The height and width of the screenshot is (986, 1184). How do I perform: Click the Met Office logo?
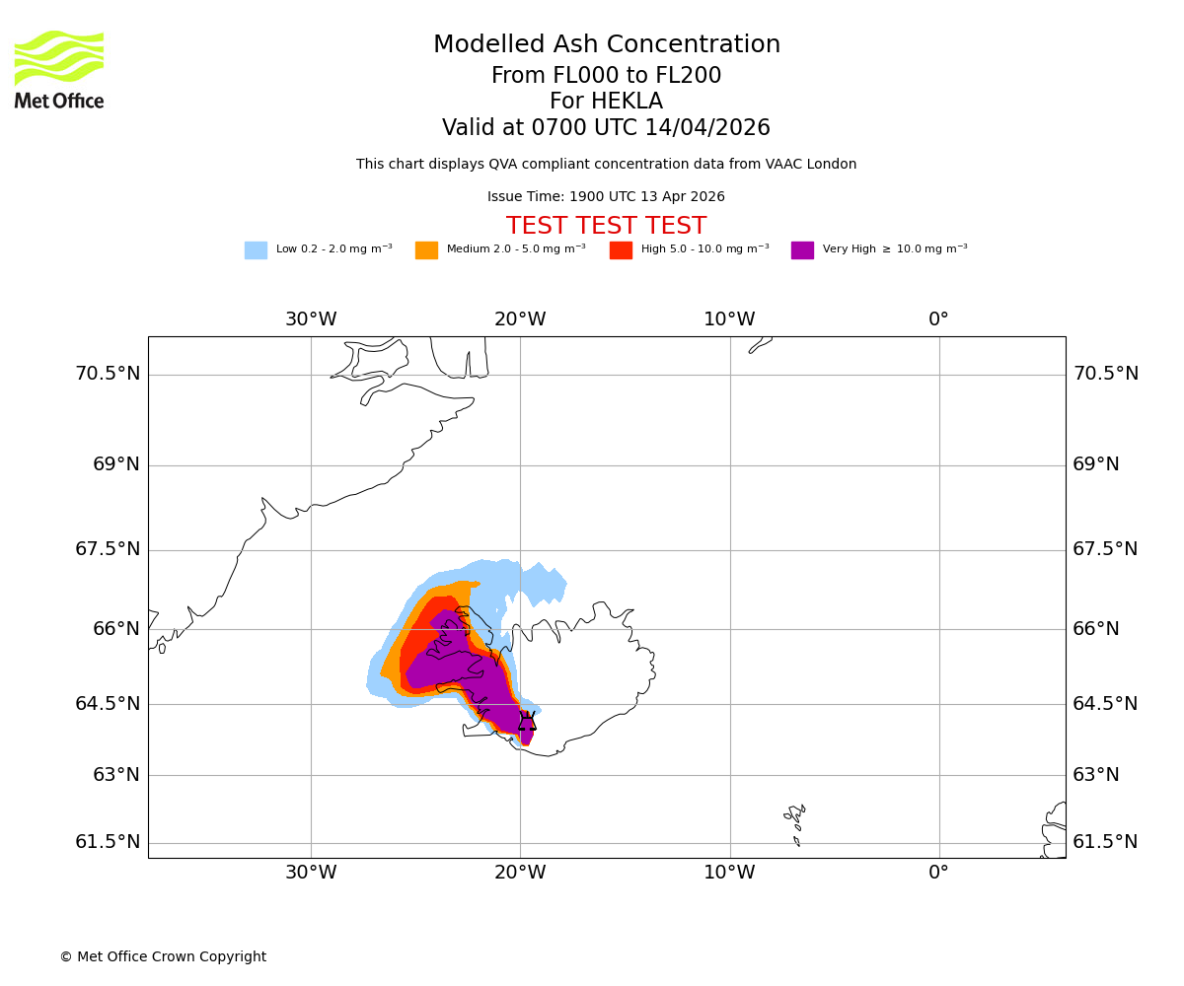[59, 69]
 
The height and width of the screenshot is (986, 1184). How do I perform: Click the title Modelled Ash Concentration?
[606, 45]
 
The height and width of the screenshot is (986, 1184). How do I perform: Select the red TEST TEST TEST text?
[606, 226]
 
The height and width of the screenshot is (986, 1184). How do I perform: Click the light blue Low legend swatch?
[256, 250]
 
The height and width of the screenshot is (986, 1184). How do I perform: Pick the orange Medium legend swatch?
[426, 250]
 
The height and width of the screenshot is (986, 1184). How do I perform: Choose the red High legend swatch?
[621, 250]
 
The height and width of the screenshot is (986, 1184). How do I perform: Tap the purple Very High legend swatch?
[802, 250]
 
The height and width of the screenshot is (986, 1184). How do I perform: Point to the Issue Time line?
[606, 197]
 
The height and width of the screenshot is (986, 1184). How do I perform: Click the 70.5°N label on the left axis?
[108, 374]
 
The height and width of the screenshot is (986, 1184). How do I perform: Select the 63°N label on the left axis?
[116, 775]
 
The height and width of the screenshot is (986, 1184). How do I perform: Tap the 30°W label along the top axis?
[311, 319]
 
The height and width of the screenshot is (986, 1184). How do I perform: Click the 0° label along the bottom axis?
[938, 873]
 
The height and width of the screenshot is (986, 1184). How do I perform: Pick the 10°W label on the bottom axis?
[729, 873]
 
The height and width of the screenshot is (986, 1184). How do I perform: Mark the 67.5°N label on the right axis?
[1105, 549]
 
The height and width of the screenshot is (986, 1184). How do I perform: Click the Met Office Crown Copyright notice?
[163, 957]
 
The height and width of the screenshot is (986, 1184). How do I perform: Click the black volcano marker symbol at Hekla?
[527, 722]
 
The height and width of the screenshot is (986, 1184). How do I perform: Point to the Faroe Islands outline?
[795, 824]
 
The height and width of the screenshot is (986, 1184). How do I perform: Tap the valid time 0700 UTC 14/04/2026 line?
[606, 128]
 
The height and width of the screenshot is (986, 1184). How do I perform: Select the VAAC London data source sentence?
[606, 165]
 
